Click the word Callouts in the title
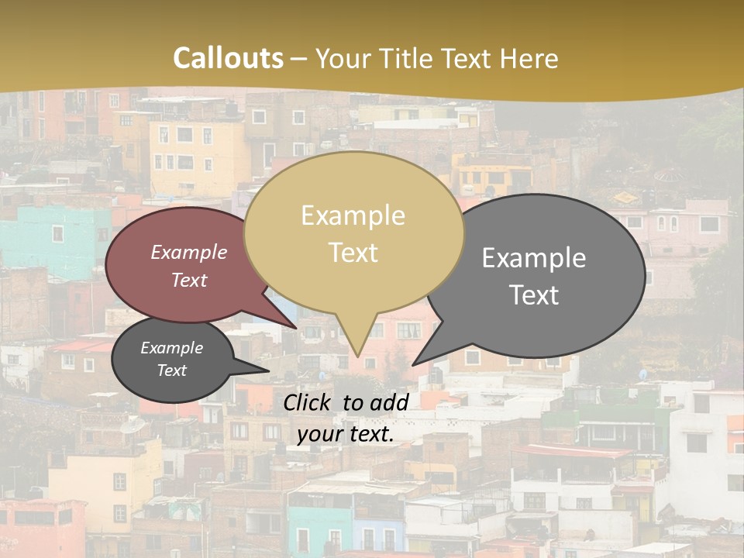tap(228, 59)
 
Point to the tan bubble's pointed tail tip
tap(357, 356)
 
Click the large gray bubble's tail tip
tap(414, 363)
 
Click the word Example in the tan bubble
tap(353, 215)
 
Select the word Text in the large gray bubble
tap(534, 295)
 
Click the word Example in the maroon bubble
tap(188, 253)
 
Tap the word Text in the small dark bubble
tap(171, 370)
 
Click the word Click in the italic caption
tap(308, 402)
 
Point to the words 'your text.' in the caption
tap(346, 434)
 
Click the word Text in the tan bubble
tap(353, 253)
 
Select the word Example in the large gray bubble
tap(534, 258)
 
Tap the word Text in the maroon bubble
tap(189, 281)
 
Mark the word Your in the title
tap(345, 59)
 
